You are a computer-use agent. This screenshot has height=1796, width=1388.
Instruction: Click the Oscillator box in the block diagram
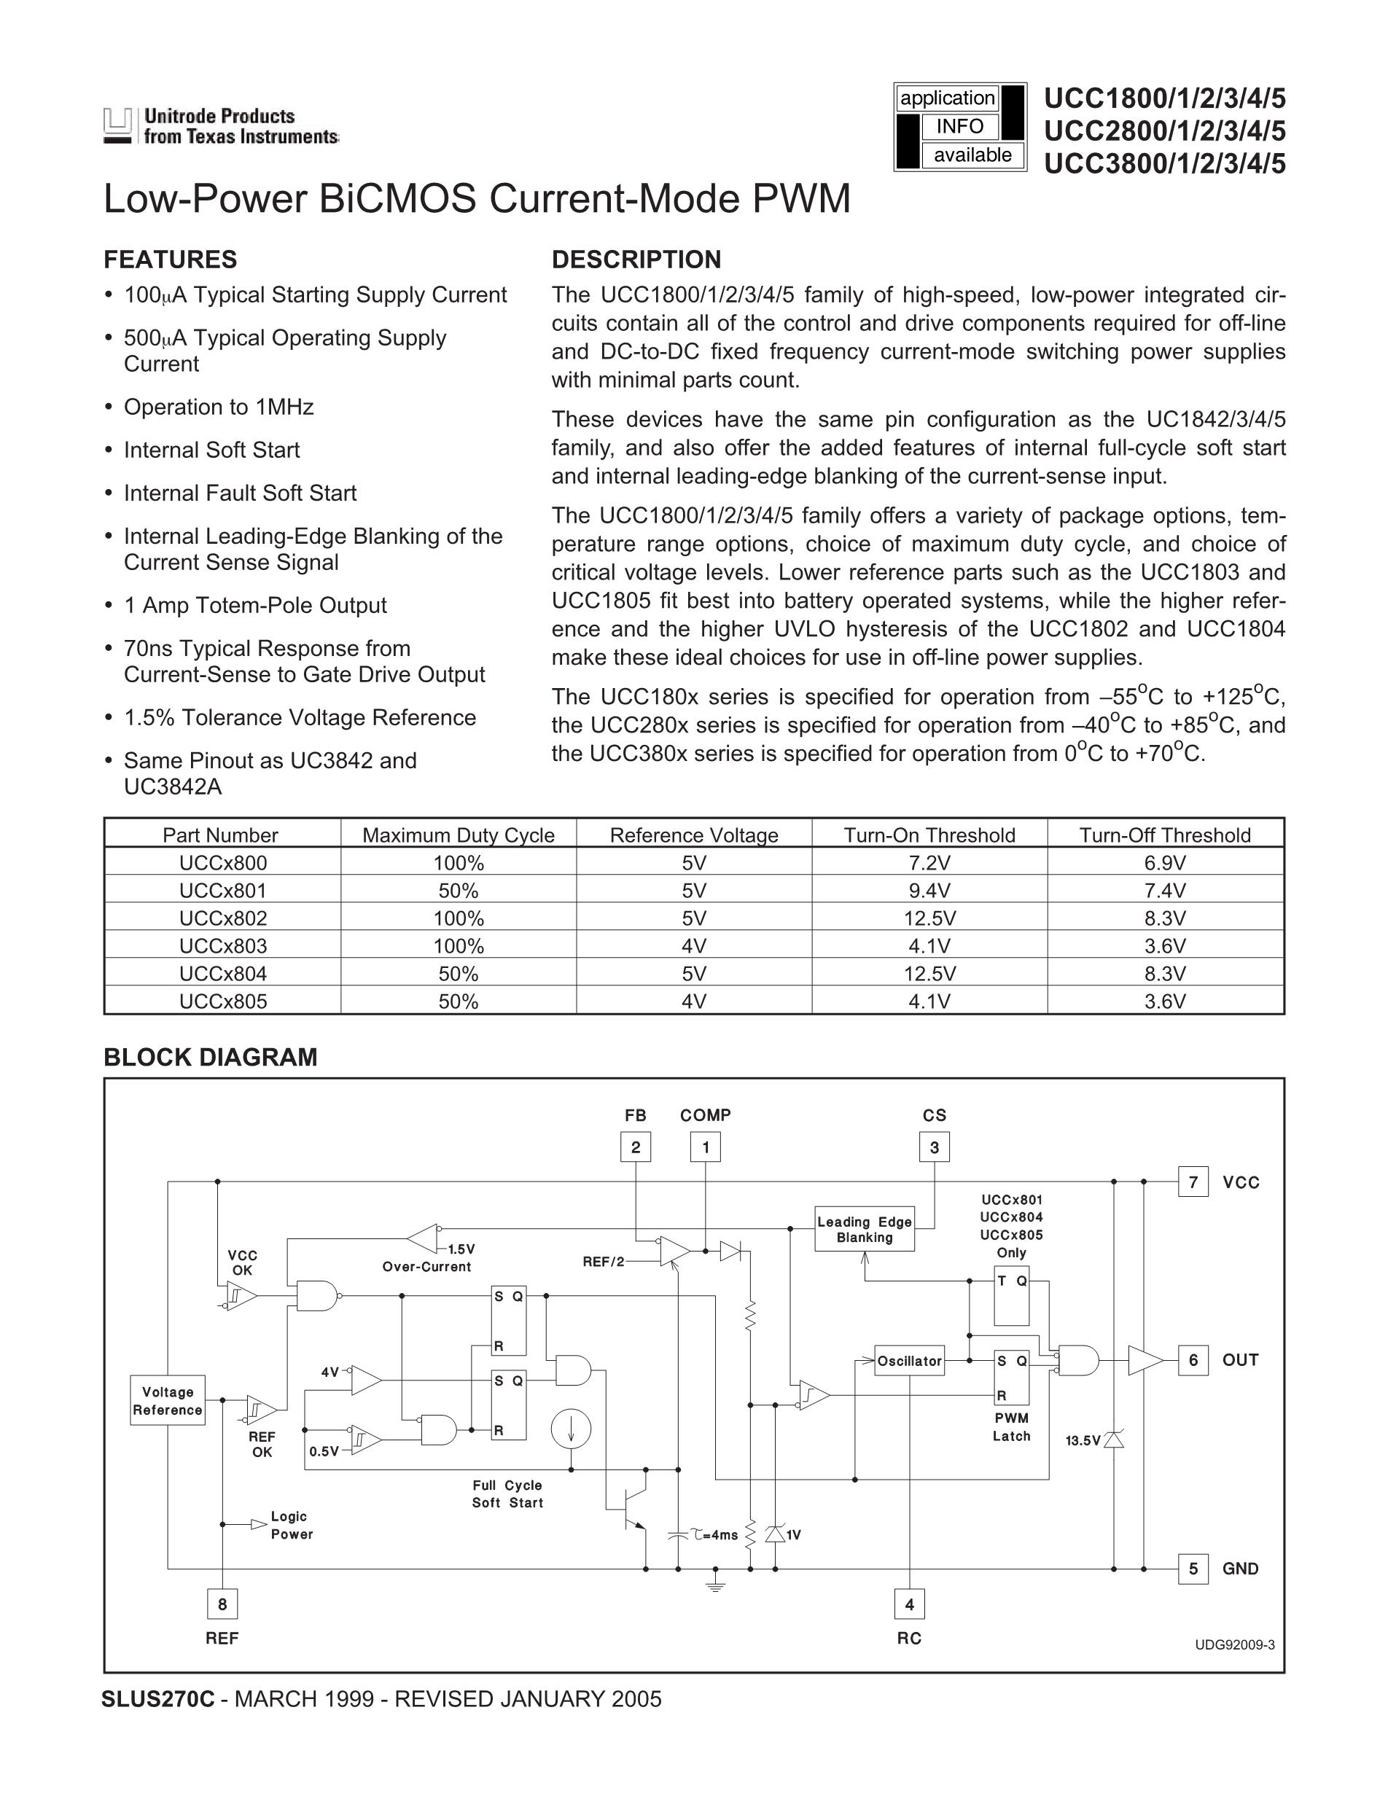908,1361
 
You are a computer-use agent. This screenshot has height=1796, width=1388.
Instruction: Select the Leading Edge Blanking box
864,1230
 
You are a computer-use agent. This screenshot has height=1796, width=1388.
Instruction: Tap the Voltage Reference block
168,1401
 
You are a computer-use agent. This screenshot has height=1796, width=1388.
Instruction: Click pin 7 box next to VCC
1193,1182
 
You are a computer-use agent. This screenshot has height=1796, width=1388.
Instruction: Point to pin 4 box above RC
910,1604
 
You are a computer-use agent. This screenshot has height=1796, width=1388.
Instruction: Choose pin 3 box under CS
934,1147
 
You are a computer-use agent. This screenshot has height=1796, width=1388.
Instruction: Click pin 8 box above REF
222,1604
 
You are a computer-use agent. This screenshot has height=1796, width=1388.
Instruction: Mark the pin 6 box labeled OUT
1193,1360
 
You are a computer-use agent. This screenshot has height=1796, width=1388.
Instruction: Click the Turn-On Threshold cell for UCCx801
929,891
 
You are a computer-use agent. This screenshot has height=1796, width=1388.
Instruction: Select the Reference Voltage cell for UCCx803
694,945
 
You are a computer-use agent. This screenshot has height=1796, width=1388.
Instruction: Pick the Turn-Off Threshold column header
1165,835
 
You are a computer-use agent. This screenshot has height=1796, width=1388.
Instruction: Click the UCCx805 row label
223,1001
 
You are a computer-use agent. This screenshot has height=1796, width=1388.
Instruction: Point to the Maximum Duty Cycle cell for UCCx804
458,974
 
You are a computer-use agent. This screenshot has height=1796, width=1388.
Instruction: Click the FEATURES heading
170,260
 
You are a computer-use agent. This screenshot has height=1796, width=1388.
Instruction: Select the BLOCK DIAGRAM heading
211,1058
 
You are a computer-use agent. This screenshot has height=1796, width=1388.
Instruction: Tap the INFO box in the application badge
959,127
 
